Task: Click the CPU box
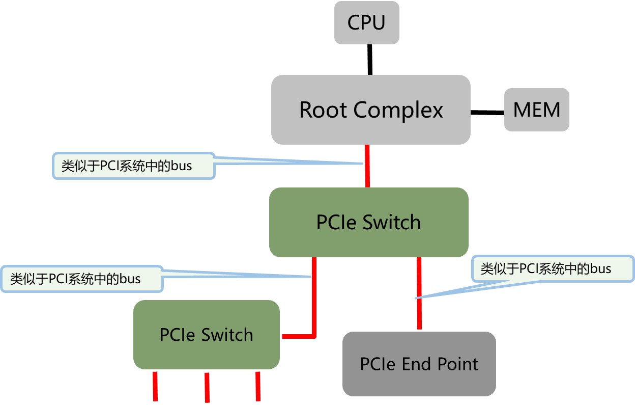point(366,23)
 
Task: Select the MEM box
point(536,110)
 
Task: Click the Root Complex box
point(370,110)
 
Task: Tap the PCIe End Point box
point(419,364)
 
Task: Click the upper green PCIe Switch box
point(368,223)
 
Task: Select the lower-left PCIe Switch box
point(206,335)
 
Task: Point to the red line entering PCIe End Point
point(419,313)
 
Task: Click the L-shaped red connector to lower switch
point(313,306)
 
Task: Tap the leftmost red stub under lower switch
point(155,386)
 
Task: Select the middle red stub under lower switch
point(207,387)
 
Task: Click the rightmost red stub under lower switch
point(258,386)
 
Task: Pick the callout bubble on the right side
point(552,268)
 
